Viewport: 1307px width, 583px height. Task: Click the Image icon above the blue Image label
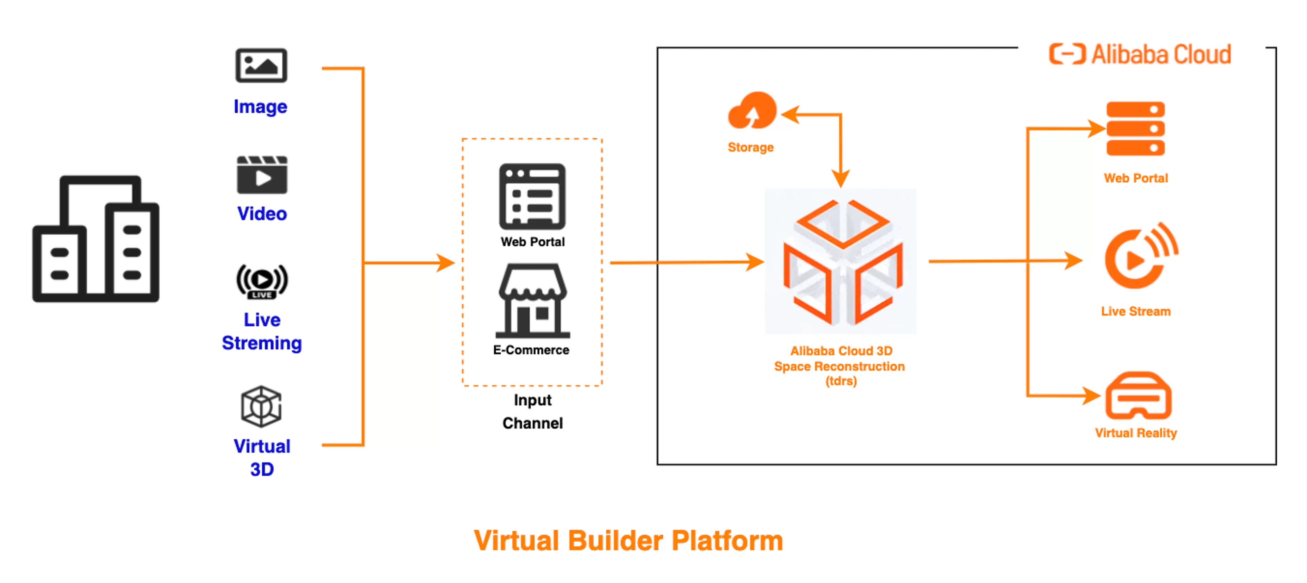[x=261, y=65]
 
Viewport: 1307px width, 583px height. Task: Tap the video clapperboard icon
[x=262, y=175]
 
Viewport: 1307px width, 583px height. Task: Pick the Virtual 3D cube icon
[x=261, y=406]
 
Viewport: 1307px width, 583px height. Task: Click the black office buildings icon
[x=96, y=239]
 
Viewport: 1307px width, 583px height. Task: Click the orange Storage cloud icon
[x=752, y=110]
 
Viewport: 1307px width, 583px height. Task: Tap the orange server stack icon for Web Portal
[x=1135, y=129]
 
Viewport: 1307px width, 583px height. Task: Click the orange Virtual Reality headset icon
[x=1138, y=396]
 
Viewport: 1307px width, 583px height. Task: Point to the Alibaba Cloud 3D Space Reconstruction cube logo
[x=841, y=262]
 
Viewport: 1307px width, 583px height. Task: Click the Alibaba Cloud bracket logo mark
[x=1067, y=54]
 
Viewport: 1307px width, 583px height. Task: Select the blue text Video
[x=262, y=213]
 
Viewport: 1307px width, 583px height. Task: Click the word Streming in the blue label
[x=262, y=343]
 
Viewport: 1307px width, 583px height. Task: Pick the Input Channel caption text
[x=532, y=411]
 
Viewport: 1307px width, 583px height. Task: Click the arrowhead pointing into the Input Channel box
[x=447, y=263]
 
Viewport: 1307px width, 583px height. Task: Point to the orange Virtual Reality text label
[x=1135, y=433]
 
